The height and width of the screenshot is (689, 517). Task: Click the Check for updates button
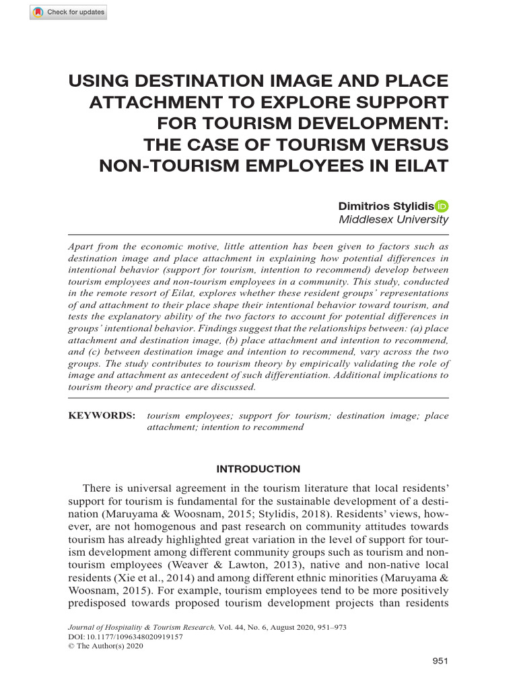[x=68, y=13]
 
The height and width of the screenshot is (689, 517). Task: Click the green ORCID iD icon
[x=442, y=206]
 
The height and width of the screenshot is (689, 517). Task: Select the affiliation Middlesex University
[x=393, y=219]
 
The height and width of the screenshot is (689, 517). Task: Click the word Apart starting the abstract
[x=82, y=246]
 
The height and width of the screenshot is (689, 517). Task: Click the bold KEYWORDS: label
[x=102, y=416]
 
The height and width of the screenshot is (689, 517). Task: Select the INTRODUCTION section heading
[x=258, y=469]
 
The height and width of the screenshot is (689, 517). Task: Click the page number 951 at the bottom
[x=440, y=661]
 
